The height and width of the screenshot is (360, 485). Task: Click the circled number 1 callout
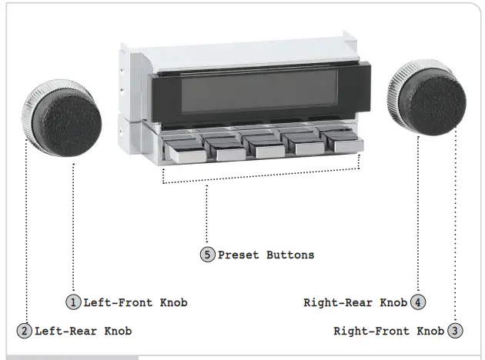[x=73, y=302]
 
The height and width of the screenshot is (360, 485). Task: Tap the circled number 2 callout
[x=24, y=331]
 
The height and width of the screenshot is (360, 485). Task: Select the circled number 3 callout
[x=456, y=331]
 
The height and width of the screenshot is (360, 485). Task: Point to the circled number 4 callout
[x=418, y=302]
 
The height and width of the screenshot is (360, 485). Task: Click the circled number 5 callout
[x=208, y=255]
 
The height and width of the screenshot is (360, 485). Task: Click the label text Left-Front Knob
[x=135, y=302]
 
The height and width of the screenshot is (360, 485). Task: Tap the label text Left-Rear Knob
[x=82, y=331]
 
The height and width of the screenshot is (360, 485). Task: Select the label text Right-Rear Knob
[x=355, y=302]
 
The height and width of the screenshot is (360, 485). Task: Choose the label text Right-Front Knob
[x=389, y=331]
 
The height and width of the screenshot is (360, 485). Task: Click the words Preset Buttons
[x=266, y=255]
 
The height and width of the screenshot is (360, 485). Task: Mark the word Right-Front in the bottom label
[x=370, y=331]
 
